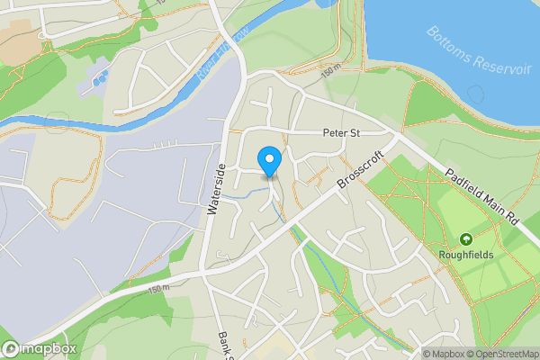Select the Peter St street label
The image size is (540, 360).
[x=342, y=133]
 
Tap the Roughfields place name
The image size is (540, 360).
[x=466, y=255]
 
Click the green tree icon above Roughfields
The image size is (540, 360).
[x=466, y=239]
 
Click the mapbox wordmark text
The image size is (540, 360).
[x=49, y=349]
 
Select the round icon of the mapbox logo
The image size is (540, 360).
[x=11, y=349]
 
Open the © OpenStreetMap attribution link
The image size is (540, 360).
[x=502, y=354]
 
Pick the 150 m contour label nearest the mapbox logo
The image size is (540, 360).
[x=157, y=287]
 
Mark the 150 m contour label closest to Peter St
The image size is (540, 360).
[x=330, y=68]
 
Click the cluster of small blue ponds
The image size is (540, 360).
[x=97, y=79]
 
